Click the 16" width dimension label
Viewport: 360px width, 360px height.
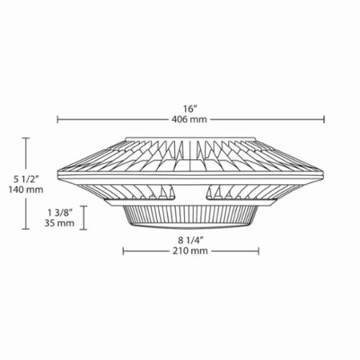190,109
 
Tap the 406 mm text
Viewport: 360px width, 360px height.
189,120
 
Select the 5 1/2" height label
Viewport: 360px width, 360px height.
26,179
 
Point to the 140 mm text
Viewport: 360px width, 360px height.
26,189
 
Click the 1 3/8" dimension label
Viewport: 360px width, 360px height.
60,212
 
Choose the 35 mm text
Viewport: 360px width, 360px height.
59,223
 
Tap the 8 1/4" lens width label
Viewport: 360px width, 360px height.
191,240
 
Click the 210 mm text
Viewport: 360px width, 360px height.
190,251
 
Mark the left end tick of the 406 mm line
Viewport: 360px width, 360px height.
58,120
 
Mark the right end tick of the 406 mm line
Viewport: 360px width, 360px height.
324,120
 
